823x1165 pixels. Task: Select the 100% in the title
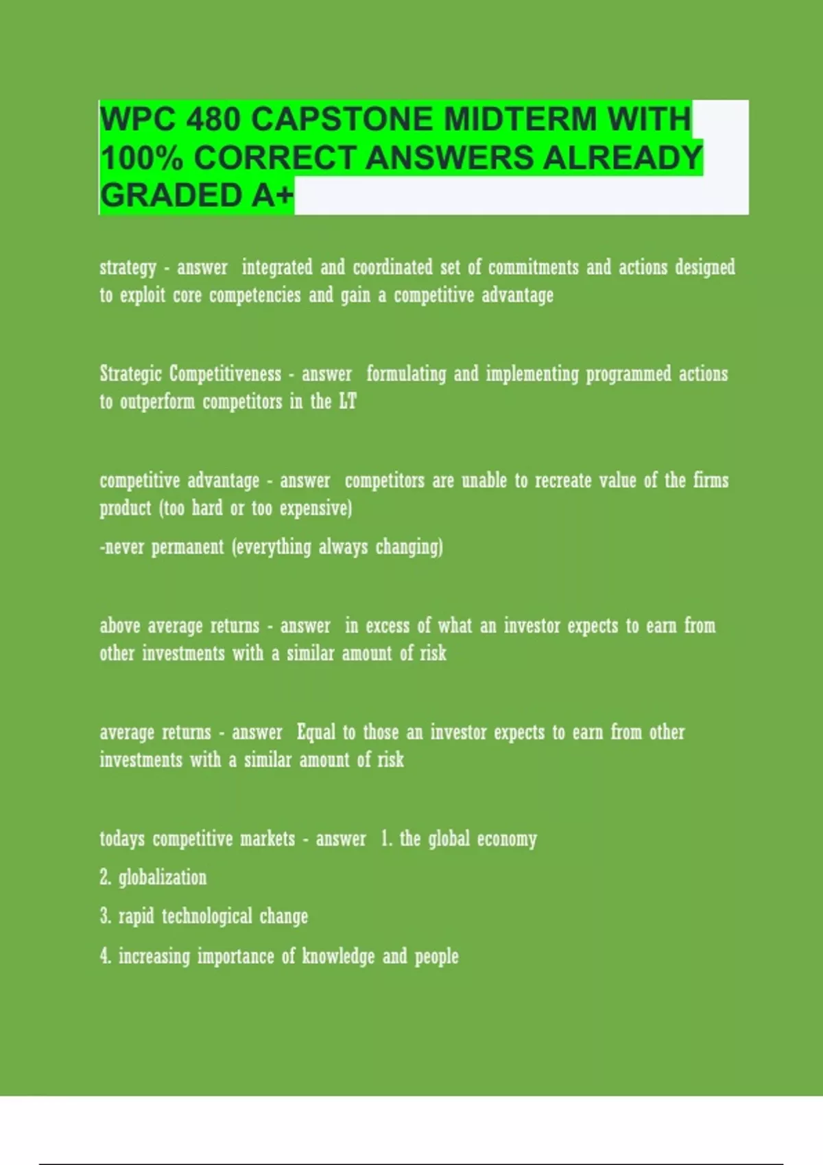(x=142, y=158)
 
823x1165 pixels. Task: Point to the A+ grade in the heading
(x=272, y=195)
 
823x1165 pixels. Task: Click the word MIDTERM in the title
(x=520, y=119)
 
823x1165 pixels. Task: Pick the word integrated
(x=277, y=267)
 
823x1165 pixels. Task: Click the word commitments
(x=533, y=267)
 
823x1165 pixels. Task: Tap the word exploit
(x=143, y=295)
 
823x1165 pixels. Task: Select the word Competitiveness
(x=225, y=374)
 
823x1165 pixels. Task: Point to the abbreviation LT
(x=348, y=402)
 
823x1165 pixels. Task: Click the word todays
(x=122, y=839)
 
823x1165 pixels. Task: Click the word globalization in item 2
(x=163, y=878)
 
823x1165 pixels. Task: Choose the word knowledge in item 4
(x=338, y=957)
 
